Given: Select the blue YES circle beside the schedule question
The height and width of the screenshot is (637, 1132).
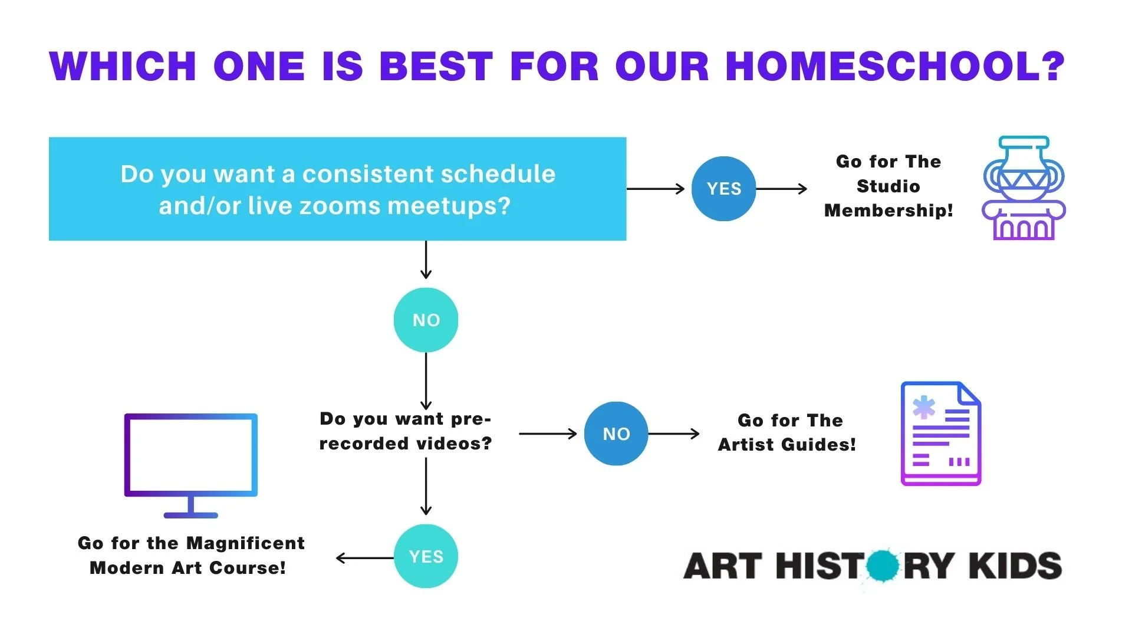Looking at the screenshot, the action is tap(723, 189).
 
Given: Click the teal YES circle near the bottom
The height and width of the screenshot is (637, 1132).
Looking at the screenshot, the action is tap(426, 556).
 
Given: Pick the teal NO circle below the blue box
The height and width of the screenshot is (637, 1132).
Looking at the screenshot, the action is tap(426, 320).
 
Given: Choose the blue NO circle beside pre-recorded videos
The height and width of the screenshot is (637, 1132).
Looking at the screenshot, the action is tap(616, 434).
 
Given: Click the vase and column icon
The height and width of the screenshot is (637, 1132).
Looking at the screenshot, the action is tap(1024, 188).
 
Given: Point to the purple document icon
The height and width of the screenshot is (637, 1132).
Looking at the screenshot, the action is tap(941, 434).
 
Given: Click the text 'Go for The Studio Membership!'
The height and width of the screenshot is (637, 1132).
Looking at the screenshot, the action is tap(889, 186).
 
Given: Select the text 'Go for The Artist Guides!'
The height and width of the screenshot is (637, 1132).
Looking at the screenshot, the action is tap(787, 432).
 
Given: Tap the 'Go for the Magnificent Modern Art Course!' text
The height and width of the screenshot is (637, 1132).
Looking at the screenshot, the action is tap(191, 556).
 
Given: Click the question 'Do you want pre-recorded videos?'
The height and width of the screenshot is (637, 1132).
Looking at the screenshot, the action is tap(406, 431).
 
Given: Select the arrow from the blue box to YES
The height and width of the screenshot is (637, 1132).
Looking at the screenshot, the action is tap(656, 189).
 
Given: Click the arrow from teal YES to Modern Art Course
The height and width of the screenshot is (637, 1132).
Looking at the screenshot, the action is tap(365, 558).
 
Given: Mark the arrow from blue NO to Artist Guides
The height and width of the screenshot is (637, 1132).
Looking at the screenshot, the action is tap(674, 434).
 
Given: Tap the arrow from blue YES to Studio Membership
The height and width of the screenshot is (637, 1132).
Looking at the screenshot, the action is tap(782, 189).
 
